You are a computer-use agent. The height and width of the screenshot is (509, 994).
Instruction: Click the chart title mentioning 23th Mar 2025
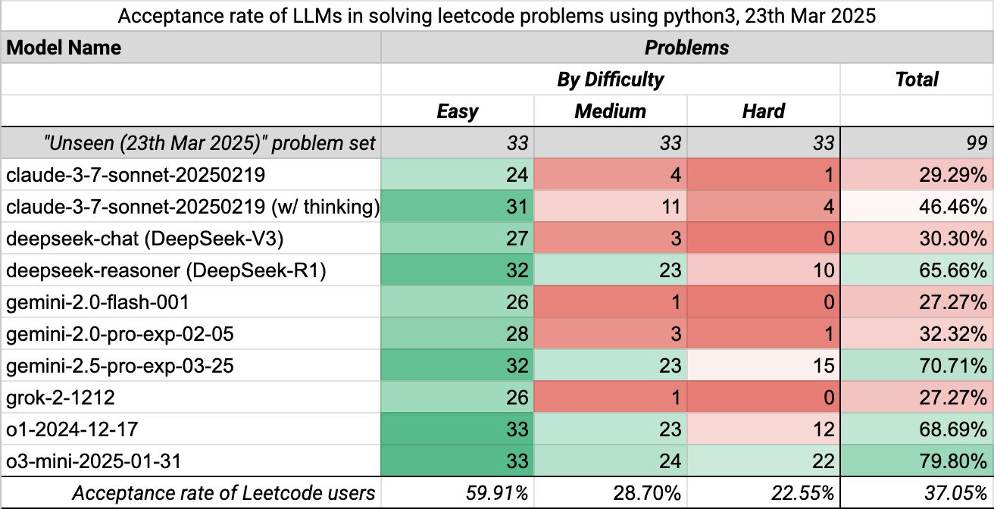pos(497,16)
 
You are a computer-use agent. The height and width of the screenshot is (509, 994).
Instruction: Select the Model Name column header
pos(64,48)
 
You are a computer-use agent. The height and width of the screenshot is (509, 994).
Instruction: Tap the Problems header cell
pos(686,48)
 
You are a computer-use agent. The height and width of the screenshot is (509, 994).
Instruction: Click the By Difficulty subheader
pos(610,80)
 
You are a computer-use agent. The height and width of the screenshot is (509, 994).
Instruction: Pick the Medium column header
pos(610,111)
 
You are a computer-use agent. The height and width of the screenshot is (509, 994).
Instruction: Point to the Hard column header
pos(763,111)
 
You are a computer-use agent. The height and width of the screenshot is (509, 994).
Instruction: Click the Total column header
pos(917,80)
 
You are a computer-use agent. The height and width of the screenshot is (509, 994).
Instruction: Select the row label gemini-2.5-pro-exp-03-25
pos(120,367)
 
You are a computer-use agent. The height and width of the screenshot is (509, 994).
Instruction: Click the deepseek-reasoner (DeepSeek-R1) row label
pos(166,271)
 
